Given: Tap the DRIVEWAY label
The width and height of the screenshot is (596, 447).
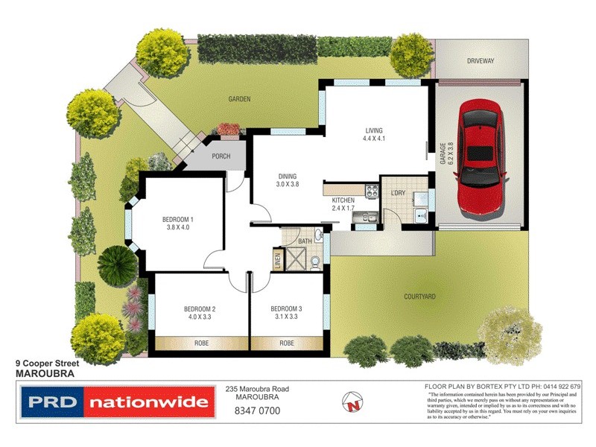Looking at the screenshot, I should point(481,61).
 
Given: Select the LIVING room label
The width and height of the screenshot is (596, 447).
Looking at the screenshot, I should point(373,130).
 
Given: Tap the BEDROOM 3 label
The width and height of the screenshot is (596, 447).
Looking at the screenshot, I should point(286,309).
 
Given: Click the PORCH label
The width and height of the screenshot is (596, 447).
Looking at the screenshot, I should point(221,156).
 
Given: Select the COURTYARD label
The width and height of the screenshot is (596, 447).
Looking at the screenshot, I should point(419,296).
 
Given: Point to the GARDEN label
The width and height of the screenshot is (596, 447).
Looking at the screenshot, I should point(239,98).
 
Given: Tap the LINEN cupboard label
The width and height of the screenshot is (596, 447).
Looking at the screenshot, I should point(277,258).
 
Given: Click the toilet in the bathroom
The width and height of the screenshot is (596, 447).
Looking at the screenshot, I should point(317,261).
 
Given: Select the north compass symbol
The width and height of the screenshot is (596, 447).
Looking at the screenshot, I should point(353,402).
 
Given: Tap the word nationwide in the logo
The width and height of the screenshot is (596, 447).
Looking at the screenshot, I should point(148,403).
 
